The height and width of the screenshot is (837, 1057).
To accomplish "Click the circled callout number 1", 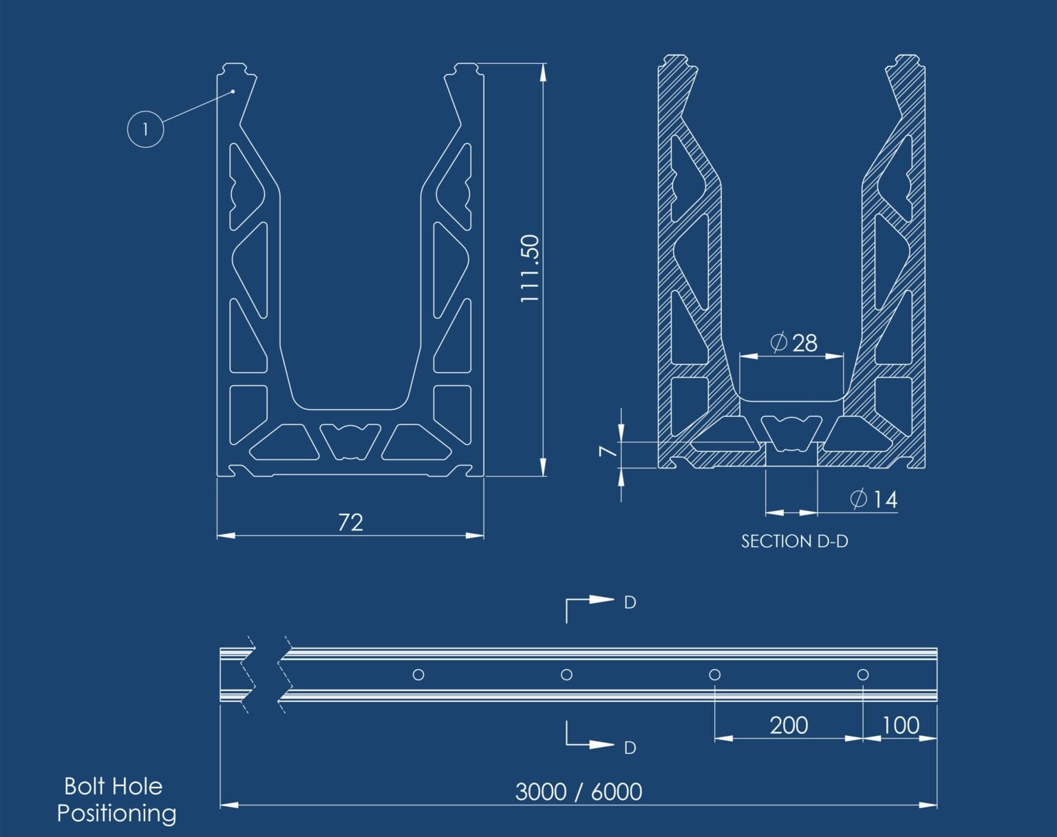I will [x=145, y=129].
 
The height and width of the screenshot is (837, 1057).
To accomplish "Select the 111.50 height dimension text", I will [x=530, y=268].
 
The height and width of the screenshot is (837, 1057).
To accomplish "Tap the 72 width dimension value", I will [x=350, y=523].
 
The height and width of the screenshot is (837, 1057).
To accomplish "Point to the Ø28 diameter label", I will [x=793, y=343].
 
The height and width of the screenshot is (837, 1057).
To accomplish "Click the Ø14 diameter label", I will [x=874, y=499].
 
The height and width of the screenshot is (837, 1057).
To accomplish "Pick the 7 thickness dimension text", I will [x=608, y=451].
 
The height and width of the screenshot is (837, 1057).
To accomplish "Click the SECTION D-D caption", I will [x=794, y=542].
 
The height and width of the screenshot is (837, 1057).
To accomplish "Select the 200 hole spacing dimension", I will [x=789, y=726].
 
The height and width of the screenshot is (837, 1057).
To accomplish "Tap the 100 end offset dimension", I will [x=900, y=726].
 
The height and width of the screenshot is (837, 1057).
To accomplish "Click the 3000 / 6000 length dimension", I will [x=579, y=792].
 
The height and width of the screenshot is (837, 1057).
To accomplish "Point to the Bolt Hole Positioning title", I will [x=116, y=800].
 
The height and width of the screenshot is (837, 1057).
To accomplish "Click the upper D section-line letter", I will [x=630, y=602].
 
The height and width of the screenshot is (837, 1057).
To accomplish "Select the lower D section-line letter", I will [x=630, y=748].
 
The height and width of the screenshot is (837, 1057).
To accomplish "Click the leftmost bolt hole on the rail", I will [x=418, y=675].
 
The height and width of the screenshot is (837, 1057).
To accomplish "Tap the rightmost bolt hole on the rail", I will [x=862, y=675].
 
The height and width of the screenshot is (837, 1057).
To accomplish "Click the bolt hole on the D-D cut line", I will [x=566, y=675].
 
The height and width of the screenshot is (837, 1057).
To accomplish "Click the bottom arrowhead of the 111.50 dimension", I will [x=543, y=467].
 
